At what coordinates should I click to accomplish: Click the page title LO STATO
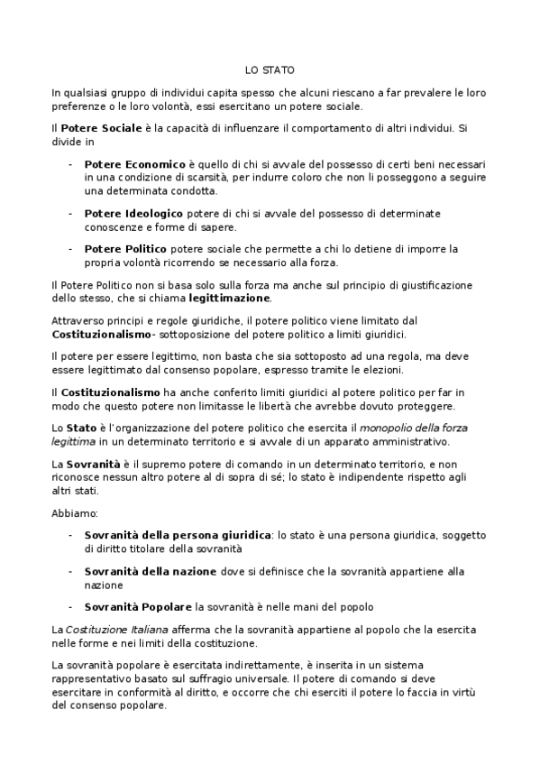[x=270, y=69]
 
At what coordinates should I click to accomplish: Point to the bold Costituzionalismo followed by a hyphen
[x=101, y=334]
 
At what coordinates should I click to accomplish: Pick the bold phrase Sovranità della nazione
[x=151, y=571]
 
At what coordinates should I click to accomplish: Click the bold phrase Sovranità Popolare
[x=138, y=605]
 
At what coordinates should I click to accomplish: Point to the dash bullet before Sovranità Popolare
[x=71, y=605]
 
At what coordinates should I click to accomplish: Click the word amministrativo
[x=400, y=442]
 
